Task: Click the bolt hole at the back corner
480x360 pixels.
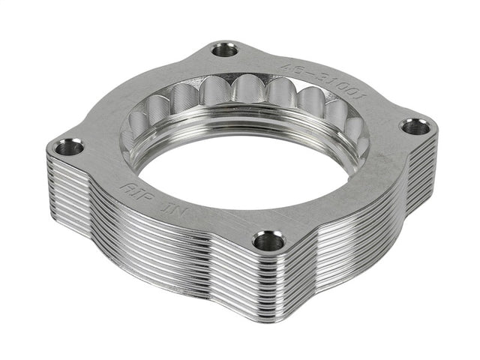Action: (x=223, y=50)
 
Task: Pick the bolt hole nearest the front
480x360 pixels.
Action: (x=268, y=241)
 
